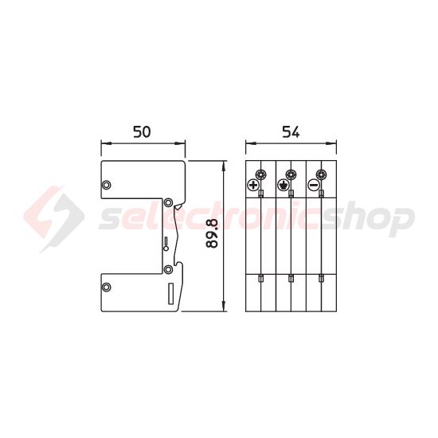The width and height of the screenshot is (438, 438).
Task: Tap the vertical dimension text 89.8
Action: (212, 234)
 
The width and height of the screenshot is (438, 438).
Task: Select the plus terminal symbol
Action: (253, 186)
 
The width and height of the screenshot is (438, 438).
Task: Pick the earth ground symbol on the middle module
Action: (283, 186)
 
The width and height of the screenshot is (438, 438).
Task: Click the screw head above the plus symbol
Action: (260, 174)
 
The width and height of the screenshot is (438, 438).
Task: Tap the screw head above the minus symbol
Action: (321, 174)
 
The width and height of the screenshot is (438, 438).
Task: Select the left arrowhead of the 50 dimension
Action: (103, 144)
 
